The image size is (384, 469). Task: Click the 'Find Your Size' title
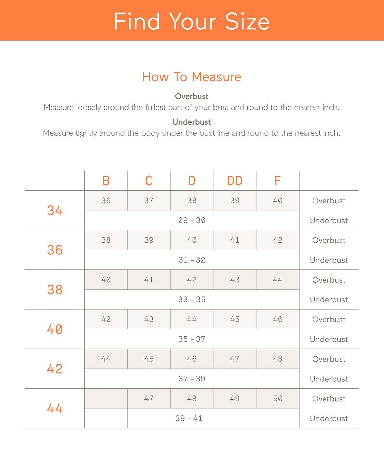(192, 21)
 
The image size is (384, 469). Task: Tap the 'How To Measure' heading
(192, 77)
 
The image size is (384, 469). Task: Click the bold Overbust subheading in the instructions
(192, 96)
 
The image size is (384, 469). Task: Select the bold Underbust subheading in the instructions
(192, 122)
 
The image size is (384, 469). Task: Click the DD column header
(235, 181)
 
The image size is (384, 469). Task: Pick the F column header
(277, 181)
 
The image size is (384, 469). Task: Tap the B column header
(106, 181)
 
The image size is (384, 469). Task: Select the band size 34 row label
(55, 210)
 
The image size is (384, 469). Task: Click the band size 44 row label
(55, 408)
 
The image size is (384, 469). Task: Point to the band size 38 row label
(55, 290)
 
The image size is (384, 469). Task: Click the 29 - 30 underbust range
(192, 220)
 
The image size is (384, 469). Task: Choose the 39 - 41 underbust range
(189, 418)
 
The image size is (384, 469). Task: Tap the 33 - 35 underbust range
(192, 300)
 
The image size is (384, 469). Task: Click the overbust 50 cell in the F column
(277, 399)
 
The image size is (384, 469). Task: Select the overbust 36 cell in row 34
(106, 200)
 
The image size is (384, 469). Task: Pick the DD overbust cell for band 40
(235, 319)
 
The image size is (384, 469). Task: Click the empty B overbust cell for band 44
(106, 399)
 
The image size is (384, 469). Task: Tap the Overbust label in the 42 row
(329, 359)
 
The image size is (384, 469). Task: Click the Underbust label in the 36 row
(329, 260)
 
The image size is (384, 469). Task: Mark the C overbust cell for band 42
(149, 359)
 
